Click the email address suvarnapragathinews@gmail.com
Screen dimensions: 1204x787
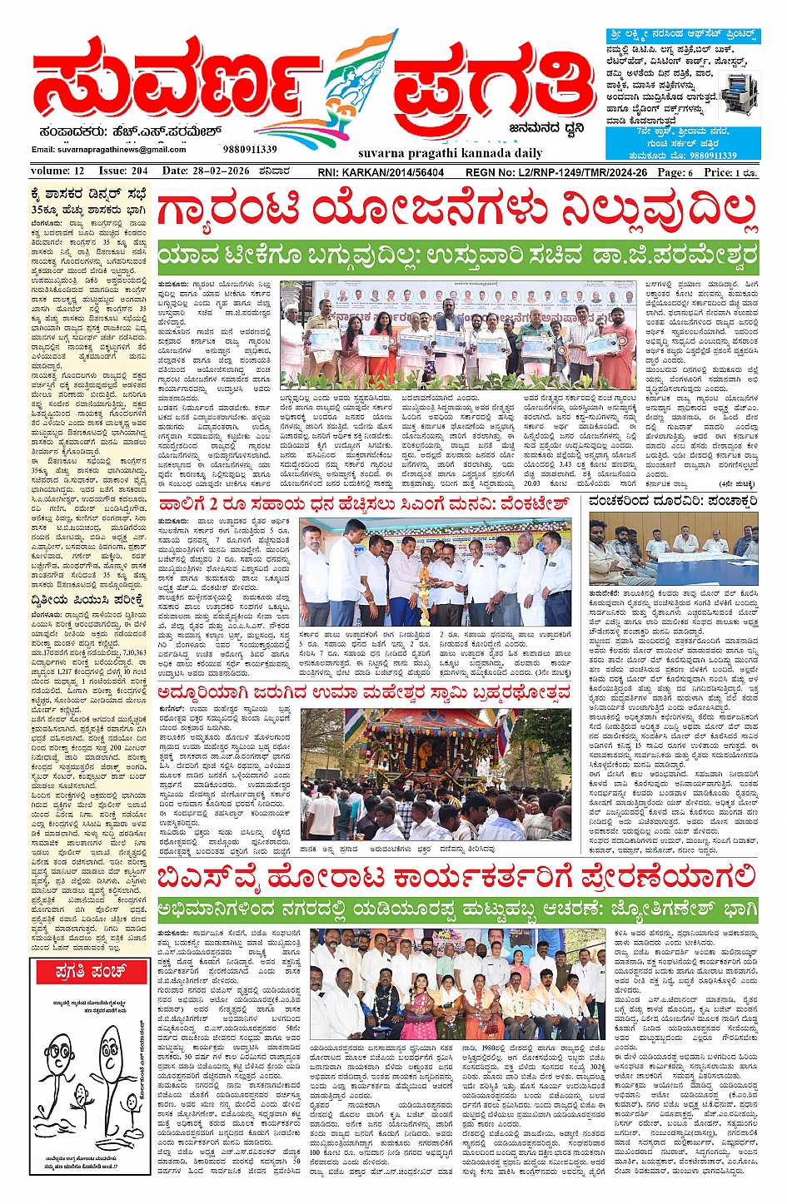tap(108, 150)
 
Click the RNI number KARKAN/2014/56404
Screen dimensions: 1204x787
tap(381, 172)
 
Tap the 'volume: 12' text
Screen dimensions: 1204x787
tap(57, 171)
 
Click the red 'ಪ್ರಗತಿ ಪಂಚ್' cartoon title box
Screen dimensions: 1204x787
tap(89, 971)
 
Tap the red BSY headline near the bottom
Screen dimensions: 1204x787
tap(456, 877)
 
